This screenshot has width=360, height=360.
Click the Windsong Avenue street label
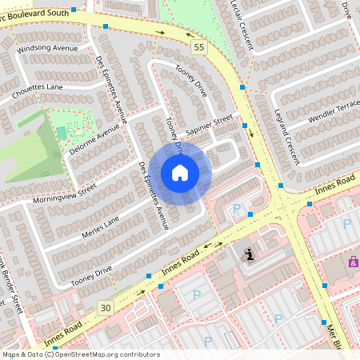coord(53,49)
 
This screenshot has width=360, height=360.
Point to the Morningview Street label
coord(65,192)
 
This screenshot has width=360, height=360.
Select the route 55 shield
coord(198,48)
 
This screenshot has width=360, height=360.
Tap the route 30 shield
coord(106,307)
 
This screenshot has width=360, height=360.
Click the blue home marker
coord(180,173)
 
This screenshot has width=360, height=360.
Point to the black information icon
coord(248,254)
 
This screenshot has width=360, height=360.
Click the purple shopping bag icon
coord(353,261)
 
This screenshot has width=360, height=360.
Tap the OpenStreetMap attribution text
coord(80,354)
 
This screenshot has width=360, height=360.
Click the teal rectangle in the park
coord(61,132)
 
